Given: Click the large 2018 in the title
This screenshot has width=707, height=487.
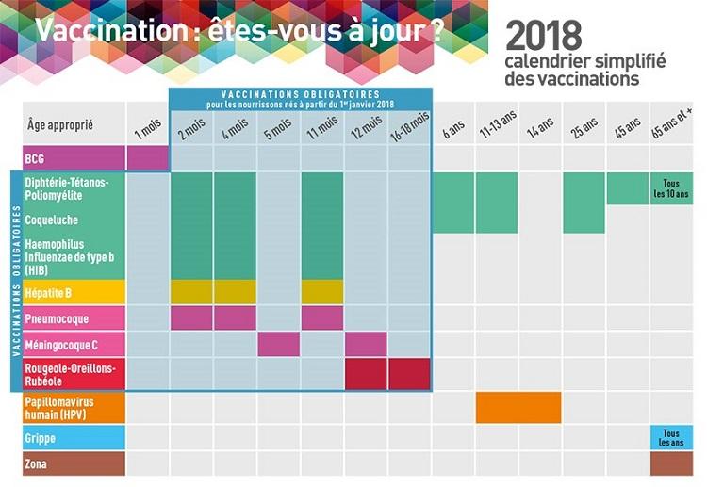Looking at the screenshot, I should tap(544, 36).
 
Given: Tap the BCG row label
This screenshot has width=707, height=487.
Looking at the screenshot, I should tap(74, 156).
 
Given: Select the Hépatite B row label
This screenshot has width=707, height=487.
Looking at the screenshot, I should tap(74, 292).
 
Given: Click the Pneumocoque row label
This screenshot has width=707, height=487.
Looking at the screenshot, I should tap(74, 317).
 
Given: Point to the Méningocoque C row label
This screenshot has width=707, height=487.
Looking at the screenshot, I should tap(74, 344).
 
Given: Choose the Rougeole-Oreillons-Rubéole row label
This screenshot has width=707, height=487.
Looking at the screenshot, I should tap(74, 374).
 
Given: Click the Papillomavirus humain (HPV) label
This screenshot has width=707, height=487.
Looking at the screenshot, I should tap(74, 408).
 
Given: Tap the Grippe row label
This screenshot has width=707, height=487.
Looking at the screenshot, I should tap(74, 438).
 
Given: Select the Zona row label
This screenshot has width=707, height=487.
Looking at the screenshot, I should tap(74, 463).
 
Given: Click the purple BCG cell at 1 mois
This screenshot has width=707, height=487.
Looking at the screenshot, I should tap(148, 156).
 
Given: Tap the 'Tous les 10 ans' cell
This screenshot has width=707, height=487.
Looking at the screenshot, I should tap(671, 188).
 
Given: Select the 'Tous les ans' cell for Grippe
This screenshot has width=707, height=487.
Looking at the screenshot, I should tap(671, 437).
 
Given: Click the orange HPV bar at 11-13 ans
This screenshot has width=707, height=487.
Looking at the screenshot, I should tap(518, 408).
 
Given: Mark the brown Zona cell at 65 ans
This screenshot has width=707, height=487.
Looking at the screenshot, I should tap(671, 463).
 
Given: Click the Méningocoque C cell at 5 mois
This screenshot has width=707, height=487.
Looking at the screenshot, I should tap(279, 344).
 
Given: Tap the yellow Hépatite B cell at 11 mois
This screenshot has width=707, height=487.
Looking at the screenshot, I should tap(322, 292).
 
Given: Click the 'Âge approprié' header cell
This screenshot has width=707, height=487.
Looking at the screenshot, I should tap(74, 122).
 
